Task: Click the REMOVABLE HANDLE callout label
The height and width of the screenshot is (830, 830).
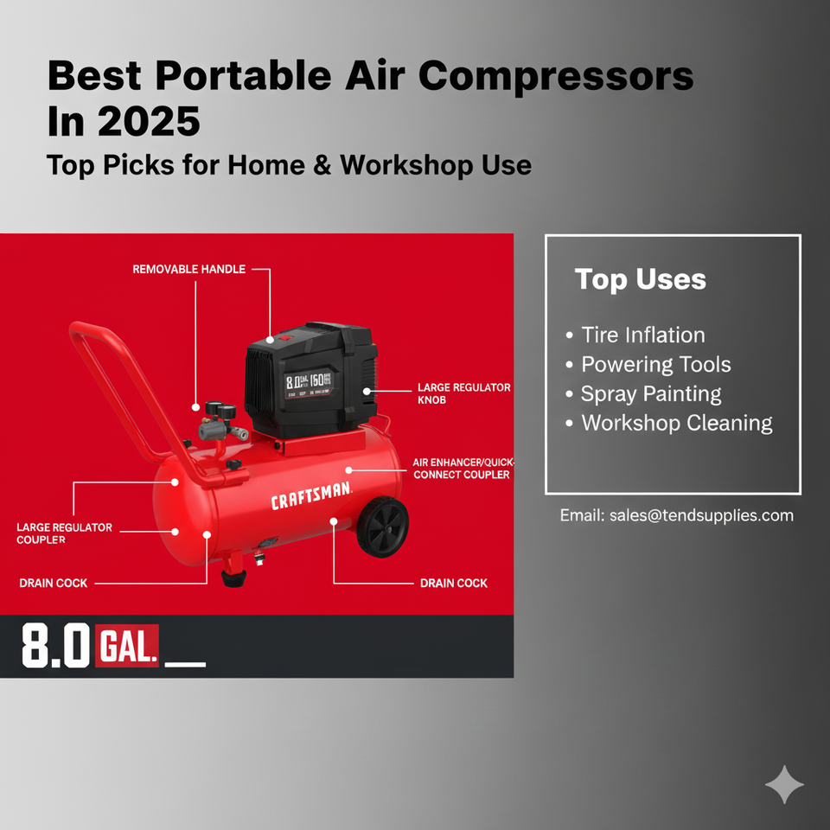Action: pyautogui.click(x=188, y=270)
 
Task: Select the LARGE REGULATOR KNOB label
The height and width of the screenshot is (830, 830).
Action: pyautogui.click(x=463, y=394)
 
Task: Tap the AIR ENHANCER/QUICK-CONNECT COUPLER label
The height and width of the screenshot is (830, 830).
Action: pyautogui.click(x=462, y=468)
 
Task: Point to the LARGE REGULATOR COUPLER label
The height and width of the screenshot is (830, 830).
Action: pyautogui.click(x=64, y=533)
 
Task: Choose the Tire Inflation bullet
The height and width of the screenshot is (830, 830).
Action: pyautogui.click(x=642, y=335)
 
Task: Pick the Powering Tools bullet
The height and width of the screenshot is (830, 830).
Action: pyautogui.click(x=655, y=365)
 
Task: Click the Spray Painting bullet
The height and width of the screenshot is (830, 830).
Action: pyautogui.click(x=650, y=394)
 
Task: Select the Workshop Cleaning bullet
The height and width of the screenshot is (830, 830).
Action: pyautogui.click(x=676, y=423)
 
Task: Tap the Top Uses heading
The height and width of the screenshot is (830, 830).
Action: pyautogui.click(x=640, y=280)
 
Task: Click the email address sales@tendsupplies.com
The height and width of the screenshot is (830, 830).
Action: pyautogui.click(x=676, y=515)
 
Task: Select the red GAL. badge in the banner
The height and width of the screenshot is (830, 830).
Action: pyautogui.click(x=128, y=645)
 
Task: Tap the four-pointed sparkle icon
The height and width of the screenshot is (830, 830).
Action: pyautogui.click(x=784, y=785)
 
